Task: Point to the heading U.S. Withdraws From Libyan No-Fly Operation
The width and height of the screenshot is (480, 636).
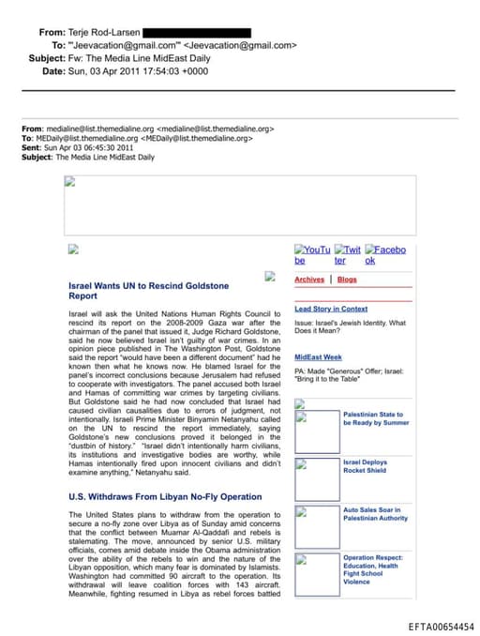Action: tap(165, 495)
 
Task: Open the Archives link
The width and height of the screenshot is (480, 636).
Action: tap(309, 280)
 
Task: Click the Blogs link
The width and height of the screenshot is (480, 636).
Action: tap(347, 280)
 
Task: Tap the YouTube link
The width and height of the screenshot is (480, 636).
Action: tap(312, 255)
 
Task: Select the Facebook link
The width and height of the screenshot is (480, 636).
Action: tap(385, 255)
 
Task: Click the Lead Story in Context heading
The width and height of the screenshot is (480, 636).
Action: tap(331, 309)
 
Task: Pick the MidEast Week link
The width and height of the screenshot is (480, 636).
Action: tap(318, 357)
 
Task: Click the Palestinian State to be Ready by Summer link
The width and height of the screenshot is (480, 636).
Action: tap(376, 418)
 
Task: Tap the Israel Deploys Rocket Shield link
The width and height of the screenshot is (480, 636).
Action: tap(365, 467)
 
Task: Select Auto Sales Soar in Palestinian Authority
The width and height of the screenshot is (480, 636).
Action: tap(375, 514)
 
